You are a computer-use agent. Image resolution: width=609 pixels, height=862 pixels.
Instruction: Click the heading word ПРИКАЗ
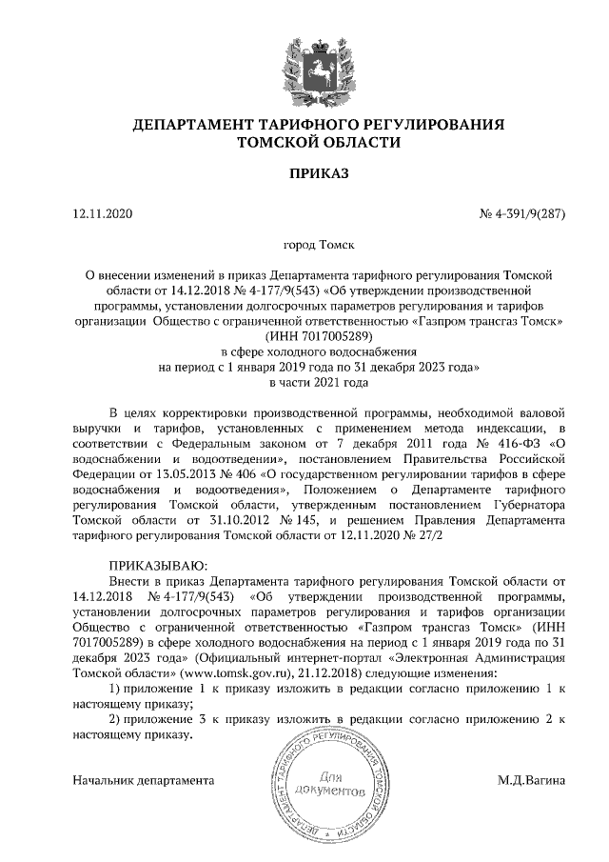(304, 173)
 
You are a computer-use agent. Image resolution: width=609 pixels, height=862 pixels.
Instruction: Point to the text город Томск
(304, 245)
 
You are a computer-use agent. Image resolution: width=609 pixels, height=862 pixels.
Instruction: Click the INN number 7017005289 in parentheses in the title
(314, 336)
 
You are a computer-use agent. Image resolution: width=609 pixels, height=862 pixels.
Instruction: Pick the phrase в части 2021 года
(304, 382)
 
